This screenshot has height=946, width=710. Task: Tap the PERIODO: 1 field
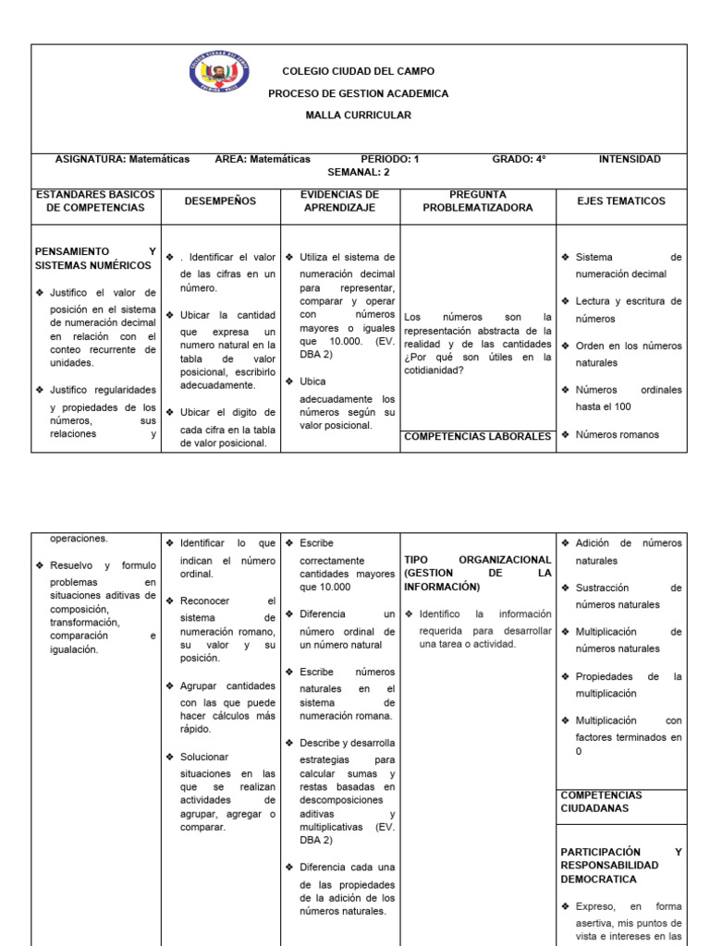pyautogui.click(x=389, y=159)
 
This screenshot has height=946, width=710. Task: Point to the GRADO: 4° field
pyautogui.click(x=519, y=159)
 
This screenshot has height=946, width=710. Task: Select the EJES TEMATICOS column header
pyautogui.click(x=620, y=200)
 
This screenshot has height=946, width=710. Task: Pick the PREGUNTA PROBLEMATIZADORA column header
pyautogui.click(x=478, y=201)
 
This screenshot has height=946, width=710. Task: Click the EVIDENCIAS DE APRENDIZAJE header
pyautogui.click(x=339, y=201)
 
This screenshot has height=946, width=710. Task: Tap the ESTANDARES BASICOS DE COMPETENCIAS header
pyautogui.click(x=96, y=201)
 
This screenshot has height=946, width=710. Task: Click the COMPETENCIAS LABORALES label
pyautogui.click(x=478, y=436)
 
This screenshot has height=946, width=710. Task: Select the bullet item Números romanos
pyautogui.click(x=617, y=435)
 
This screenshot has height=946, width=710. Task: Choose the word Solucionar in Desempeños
pyautogui.click(x=204, y=757)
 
